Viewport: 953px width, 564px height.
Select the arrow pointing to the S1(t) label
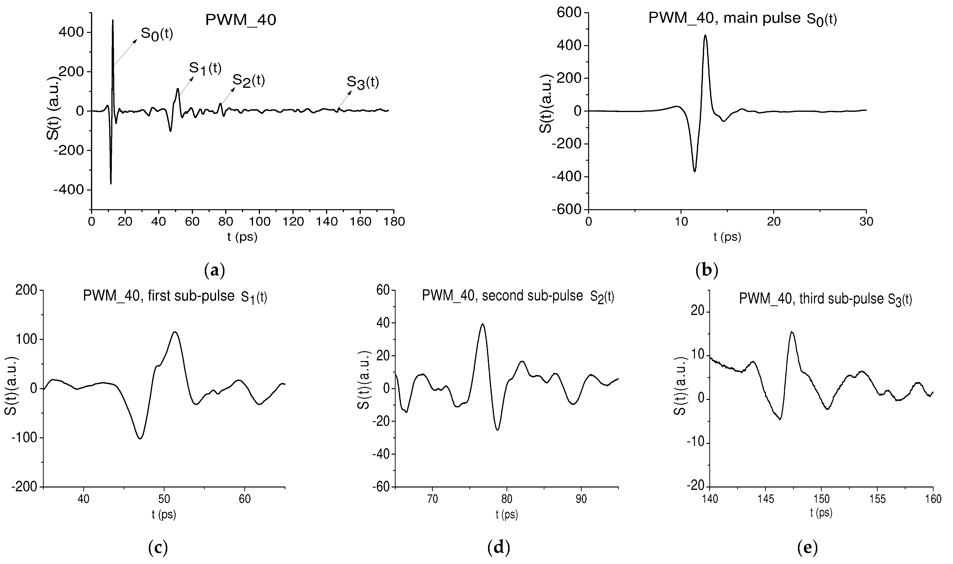point(186,85)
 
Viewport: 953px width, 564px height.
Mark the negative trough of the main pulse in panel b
point(694,171)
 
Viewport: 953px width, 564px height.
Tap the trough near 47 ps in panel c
point(140,438)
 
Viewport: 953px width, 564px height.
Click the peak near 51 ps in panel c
point(175,332)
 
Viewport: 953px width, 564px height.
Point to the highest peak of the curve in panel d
point(483,324)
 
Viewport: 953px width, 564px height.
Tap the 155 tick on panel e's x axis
point(877,499)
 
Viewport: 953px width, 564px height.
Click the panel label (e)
point(807,547)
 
